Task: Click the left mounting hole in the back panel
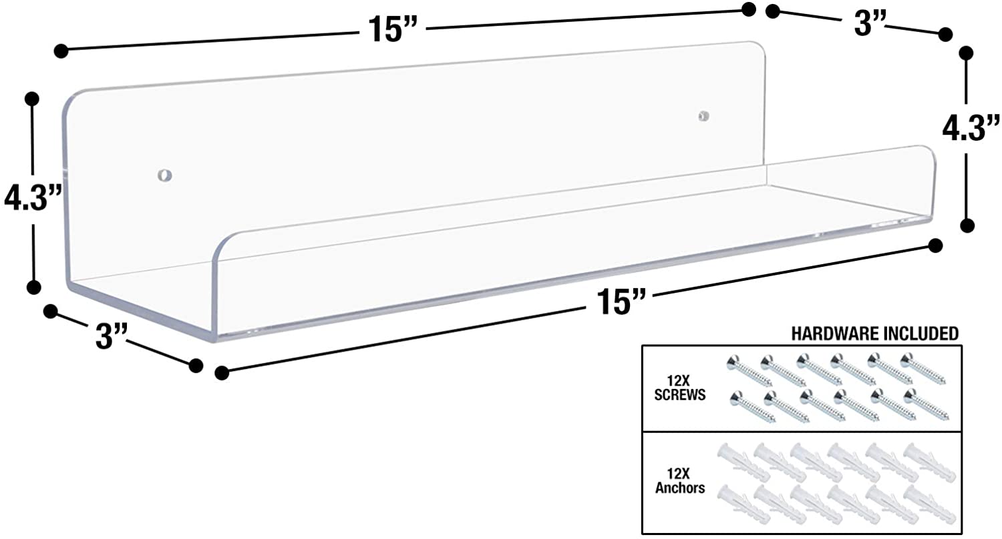point(164,176)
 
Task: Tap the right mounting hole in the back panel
point(703,116)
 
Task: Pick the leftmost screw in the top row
point(748,370)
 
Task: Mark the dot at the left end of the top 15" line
point(61,50)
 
